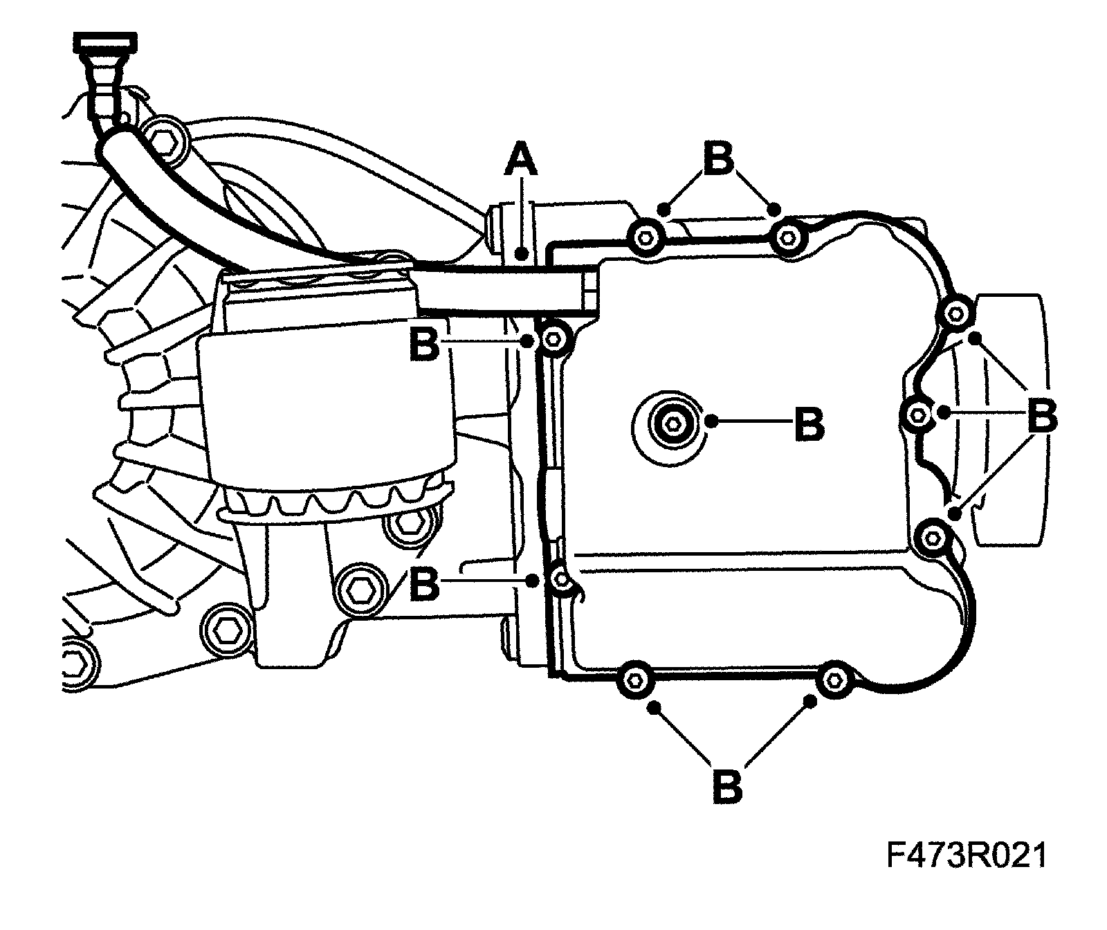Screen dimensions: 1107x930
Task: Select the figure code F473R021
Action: pyautogui.click(x=966, y=856)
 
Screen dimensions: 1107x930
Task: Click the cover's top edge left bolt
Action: pyautogui.click(x=646, y=237)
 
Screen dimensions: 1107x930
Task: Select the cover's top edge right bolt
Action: pyautogui.click(x=787, y=239)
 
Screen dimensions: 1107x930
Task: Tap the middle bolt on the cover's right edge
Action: pyautogui.click(x=917, y=414)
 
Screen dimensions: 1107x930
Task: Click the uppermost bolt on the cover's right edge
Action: pyautogui.click(x=955, y=315)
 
